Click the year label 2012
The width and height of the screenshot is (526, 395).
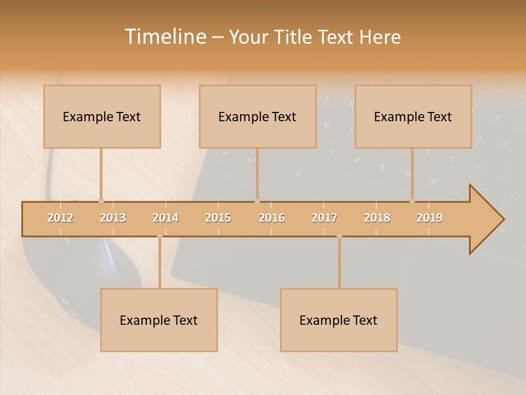click(x=60, y=218)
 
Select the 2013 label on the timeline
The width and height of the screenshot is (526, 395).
click(x=113, y=218)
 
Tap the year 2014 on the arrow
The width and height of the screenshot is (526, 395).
click(x=165, y=218)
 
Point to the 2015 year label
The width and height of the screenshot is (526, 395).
click(x=218, y=218)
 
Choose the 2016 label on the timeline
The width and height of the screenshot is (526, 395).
click(x=272, y=218)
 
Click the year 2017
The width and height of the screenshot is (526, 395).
click(x=324, y=218)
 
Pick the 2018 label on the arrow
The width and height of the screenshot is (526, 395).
click(x=377, y=218)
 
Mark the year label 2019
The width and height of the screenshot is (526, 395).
click(x=430, y=218)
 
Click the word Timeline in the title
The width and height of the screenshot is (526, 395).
click(x=164, y=37)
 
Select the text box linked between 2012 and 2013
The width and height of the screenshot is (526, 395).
click(x=102, y=116)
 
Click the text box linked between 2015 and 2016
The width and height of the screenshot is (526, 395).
click(x=258, y=116)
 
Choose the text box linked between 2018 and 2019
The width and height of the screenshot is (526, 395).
click(x=413, y=116)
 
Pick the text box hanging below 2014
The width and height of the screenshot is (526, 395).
click(x=159, y=320)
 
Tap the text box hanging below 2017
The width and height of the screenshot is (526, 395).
click(x=339, y=320)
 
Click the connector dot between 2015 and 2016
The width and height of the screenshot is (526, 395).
click(x=257, y=201)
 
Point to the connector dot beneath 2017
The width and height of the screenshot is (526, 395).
click(x=339, y=236)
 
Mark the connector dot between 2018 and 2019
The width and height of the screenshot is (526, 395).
click(x=412, y=201)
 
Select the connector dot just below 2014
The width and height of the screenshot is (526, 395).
click(x=159, y=236)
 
